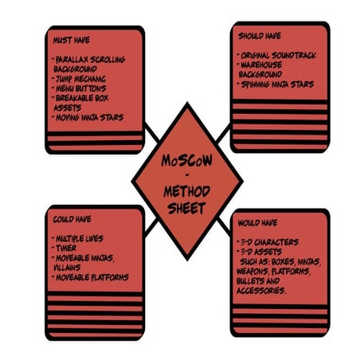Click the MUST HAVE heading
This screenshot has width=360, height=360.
pyautogui.click(x=72, y=40)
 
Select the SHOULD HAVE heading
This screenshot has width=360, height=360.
pyautogui.click(x=260, y=36)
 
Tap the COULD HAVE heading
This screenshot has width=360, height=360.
pyautogui.click(x=72, y=219)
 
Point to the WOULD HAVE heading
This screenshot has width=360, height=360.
pyautogui.click(x=257, y=222)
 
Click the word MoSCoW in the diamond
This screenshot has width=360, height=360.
pyautogui.click(x=187, y=160)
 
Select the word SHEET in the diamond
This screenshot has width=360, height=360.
pyautogui.click(x=186, y=208)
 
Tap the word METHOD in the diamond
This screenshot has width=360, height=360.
pyautogui.click(x=186, y=191)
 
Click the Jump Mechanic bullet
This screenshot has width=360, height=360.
pyautogui.click(x=79, y=79)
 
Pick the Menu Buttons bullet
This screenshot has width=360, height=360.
pyautogui.click(x=79, y=88)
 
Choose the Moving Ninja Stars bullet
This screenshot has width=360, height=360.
pyautogui.click(x=88, y=117)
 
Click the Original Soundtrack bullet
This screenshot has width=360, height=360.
pyautogui.click(x=276, y=55)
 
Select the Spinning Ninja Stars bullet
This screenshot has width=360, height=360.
pyautogui.click(x=276, y=84)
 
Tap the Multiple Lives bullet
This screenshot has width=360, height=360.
pyautogui.click(x=77, y=238)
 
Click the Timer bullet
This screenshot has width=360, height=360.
pyautogui.click(x=64, y=248)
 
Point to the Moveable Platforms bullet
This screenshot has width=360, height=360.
pyautogui.click(x=90, y=277)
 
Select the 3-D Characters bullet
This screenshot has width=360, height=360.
pyautogui.click(x=268, y=242)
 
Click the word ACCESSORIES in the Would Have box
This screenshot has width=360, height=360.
pyautogui.click(x=261, y=291)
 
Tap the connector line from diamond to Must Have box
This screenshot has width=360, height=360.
pyautogui.click(x=152, y=132)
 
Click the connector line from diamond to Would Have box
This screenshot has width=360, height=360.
pyautogui.click(x=224, y=226)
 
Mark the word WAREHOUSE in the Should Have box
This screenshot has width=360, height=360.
pyautogui.click(x=261, y=65)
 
